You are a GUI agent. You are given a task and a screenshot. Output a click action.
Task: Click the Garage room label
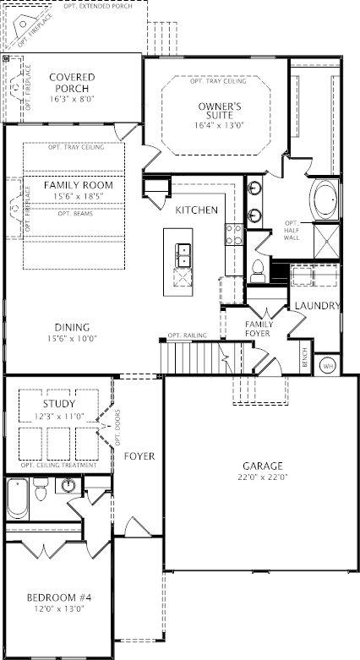[262, 466]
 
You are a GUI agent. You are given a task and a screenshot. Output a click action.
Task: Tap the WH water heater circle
[328, 366]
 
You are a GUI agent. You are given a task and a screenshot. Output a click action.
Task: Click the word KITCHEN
[197, 210]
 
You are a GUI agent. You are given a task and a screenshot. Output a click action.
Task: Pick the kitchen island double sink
[183, 255]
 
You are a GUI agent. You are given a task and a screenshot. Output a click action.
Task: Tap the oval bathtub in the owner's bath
[325, 199]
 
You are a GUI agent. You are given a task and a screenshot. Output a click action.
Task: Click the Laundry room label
[317, 306]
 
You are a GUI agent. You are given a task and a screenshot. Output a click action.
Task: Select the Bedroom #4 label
[59, 597]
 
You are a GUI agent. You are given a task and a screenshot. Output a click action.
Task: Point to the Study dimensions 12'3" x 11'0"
[59, 417]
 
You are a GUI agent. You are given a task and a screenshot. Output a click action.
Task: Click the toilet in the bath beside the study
[41, 488]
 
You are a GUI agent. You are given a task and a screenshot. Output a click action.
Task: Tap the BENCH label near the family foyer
[306, 357]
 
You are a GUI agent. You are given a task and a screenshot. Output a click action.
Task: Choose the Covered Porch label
[72, 83]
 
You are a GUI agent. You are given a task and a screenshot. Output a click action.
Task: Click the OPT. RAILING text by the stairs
[188, 335]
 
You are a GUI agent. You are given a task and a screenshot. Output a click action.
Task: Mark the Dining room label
[72, 327]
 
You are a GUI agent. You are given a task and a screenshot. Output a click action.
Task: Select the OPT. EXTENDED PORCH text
[98, 6]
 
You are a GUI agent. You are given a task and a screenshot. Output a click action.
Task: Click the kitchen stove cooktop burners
[234, 234]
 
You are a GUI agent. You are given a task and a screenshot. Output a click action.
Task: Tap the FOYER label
[139, 456]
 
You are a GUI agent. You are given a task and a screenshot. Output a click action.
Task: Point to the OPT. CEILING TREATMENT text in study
[59, 465]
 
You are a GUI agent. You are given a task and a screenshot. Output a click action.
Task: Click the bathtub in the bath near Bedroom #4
[18, 499]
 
